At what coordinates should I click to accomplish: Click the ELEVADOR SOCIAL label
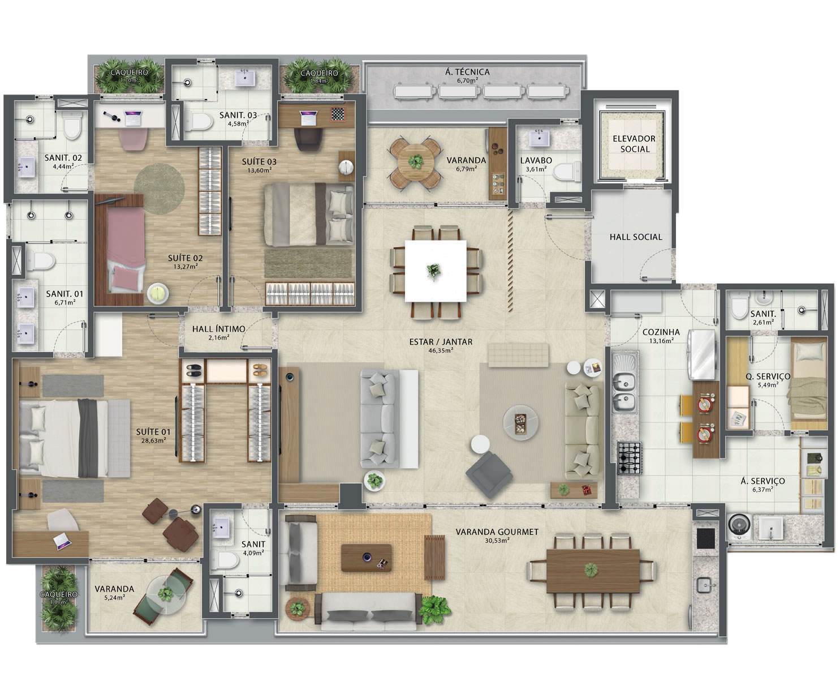(x=634, y=144)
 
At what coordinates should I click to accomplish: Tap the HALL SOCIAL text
(x=636, y=237)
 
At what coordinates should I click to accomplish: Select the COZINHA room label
(x=661, y=332)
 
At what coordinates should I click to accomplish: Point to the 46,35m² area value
(x=441, y=350)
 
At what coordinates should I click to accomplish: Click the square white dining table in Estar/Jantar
(x=436, y=271)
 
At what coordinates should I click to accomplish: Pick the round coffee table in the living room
(x=520, y=422)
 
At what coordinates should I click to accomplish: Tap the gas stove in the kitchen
(x=630, y=457)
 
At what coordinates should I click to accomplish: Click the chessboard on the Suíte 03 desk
(x=338, y=114)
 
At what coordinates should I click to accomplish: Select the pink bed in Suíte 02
(x=126, y=251)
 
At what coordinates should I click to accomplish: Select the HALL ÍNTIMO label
(x=218, y=329)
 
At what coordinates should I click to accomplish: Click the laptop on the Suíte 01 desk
(x=62, y=541)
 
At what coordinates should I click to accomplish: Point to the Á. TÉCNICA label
(x=467, y=72)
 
